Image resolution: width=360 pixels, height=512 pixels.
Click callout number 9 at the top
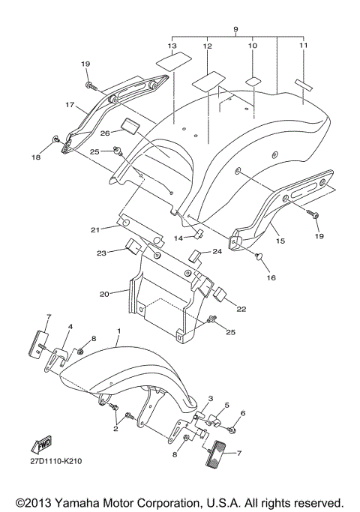click(x=235, y=31)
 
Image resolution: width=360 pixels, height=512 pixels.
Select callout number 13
click(x=172, y=46)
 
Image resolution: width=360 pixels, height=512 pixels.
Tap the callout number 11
click(x=303, y=46)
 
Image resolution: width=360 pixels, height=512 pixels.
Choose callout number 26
click(x=105, y=133)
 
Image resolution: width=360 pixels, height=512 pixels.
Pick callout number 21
click(x=95, y=229)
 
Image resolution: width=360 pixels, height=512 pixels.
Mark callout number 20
click(x=105, y=295)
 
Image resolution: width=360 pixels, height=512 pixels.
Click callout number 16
click(x=271, y=277)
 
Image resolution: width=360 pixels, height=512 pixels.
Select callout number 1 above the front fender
click(x=118, y=331)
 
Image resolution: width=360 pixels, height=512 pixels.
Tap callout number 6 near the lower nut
click(x=243, y=413)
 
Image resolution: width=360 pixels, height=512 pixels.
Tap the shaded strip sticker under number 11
click(x=306, y=83)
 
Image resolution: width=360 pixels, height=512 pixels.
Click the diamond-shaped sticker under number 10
click(x=253, y=79)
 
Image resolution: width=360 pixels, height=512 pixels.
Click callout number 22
click(x=241, y=309)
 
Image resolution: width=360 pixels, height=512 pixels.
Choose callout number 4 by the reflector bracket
click(x=70, y=328)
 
